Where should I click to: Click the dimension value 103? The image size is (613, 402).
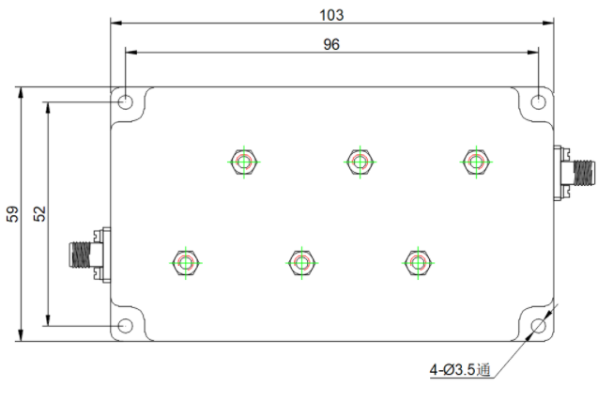tap(331, 15)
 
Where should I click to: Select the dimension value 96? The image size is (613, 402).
tap(331, 44)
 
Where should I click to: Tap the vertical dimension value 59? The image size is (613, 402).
tap(12, 214)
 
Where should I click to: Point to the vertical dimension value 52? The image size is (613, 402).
tap(39, 214)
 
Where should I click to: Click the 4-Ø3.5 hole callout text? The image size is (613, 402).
tap(460, 369)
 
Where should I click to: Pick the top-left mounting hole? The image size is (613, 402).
tap(126, 102)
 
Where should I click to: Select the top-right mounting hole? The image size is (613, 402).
tap(539, 102)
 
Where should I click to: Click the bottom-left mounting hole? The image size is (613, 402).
tap(126, 326)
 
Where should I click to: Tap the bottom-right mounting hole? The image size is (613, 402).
tap(539, 326)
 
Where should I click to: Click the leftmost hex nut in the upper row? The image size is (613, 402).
tap(244, 162)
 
